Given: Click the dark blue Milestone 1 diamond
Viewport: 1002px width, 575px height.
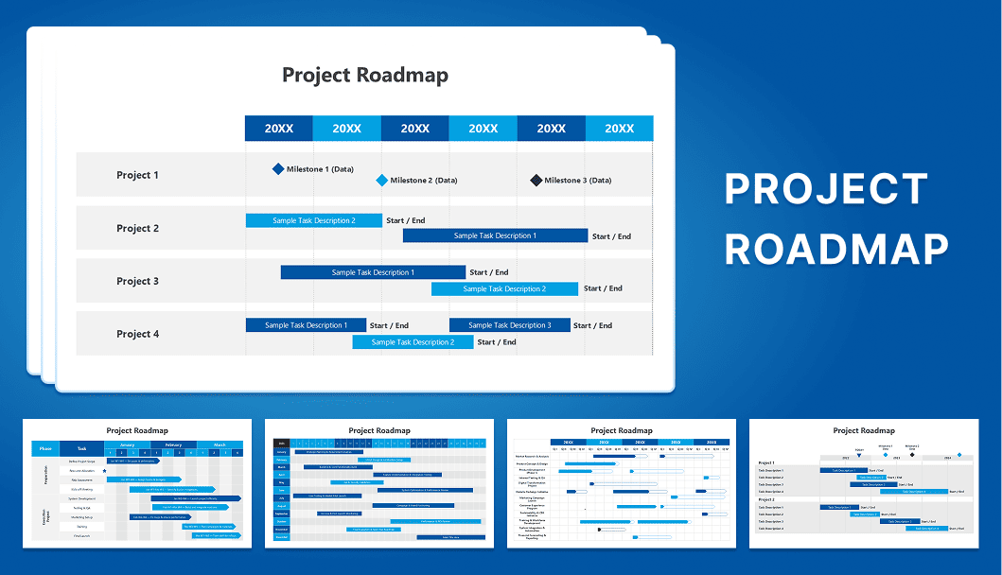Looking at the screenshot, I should click(x=278, y=169).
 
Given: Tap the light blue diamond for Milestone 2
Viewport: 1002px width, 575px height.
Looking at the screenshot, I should click(x=381, y=180).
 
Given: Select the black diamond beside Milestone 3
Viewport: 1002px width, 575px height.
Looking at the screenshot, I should click(x=536, y=180).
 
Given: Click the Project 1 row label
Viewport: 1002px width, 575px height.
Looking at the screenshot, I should click(x=138, y=175).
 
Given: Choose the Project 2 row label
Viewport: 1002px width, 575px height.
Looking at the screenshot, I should click(x=138, y=228).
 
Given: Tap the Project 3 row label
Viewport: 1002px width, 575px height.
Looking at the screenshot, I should click(x=138, y=281).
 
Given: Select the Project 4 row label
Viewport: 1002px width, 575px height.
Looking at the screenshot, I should click(x=138, y=334).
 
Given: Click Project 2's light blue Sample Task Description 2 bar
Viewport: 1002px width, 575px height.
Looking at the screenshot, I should click(x=314, y=220).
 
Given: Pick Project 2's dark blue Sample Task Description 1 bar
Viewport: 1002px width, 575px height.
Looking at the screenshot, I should click(x=495, y=235).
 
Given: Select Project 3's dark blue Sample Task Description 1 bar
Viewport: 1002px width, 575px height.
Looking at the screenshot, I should click(x=373, y=272).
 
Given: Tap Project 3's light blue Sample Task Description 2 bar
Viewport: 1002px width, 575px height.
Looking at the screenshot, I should click(x=504, y=288).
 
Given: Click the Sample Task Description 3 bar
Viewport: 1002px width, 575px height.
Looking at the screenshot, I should click(x=509, y=325).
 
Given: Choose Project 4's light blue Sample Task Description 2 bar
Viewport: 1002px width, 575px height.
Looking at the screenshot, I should click(x=413, y=341).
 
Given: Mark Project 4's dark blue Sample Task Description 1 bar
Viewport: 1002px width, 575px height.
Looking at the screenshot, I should click(x=305, y=325).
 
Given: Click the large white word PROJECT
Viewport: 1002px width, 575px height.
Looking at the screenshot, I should click(x=826, y=190).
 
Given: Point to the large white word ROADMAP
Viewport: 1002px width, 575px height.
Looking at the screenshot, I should click(x=836, y=249).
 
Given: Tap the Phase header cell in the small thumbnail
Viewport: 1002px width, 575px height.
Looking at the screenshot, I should click(x=45, y=449).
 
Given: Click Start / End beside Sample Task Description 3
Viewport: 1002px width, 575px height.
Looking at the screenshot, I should click(x=592, y=325).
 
